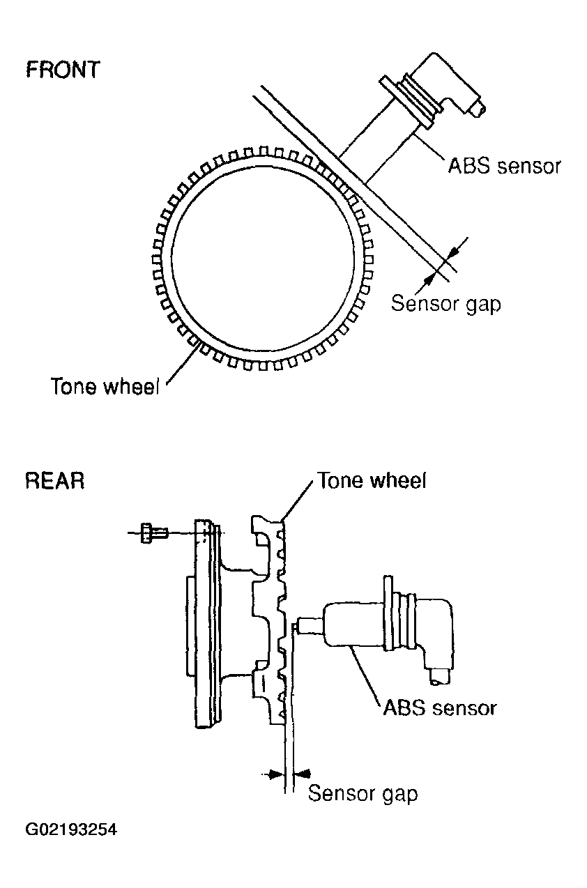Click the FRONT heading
click(x=63, y=70)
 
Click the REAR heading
click(x=55, y=481)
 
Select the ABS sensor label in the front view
click(x=504, y=166)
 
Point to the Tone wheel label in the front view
click(x=105, y=386)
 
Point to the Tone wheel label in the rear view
click(x=372, y=480)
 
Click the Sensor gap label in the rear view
click(x=363, y=794)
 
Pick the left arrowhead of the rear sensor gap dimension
click(x=276, y=774)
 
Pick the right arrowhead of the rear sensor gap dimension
click(x=303, y=773)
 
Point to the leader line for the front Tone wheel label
click(x=183, y=363)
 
